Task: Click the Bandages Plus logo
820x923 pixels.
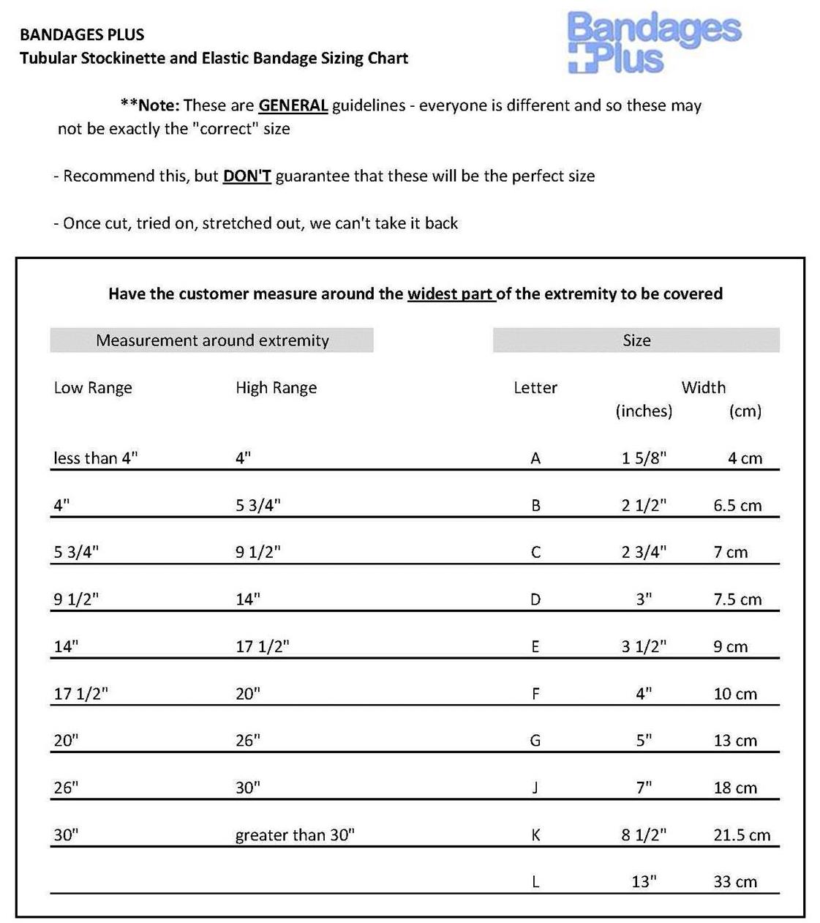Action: coord(653,42)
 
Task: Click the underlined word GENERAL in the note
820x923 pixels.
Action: coord(293,105)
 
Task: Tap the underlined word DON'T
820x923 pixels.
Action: coord(247,176)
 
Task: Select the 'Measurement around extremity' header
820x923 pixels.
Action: coord(212,340)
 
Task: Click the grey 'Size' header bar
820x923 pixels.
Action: coord(636,340)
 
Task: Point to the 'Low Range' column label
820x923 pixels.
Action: coord(93,388)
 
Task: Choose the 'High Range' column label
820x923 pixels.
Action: coord(276,388)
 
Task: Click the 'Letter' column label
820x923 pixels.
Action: coord(535,388)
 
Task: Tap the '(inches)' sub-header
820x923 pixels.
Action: coord(644,411)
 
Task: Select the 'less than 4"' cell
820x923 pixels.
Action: coord(96,458)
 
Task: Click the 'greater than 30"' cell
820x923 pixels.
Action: coord(295,835)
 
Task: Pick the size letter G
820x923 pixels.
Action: coord(535,741)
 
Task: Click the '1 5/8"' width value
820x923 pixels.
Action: coord(644,458)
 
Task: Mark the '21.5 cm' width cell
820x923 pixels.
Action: coord(742,835)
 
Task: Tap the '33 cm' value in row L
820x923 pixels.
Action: coord(735,882)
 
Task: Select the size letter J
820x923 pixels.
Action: coord(535,788)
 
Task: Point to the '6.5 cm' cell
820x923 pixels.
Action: coord(737,506)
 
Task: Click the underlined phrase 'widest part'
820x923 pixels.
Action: coord(450,294)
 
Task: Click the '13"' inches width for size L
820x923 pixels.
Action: coord(644,882)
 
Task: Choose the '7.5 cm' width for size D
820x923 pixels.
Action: coord(737,599)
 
